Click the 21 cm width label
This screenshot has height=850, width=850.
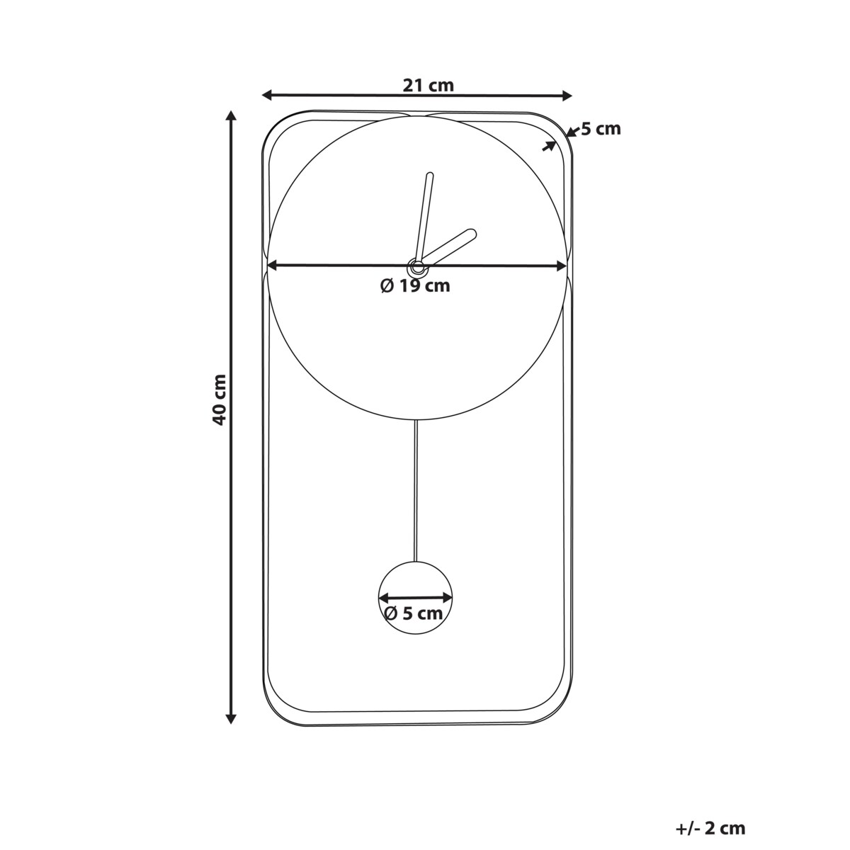coord(428,85)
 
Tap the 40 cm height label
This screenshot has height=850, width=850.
coord(220,399)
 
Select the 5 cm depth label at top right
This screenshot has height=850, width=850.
coord(601,129)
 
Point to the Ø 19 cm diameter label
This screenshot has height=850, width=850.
coord(415,286)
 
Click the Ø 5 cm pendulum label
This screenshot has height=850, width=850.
coord(413,613)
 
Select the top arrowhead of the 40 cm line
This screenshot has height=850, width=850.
coord(231,116)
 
